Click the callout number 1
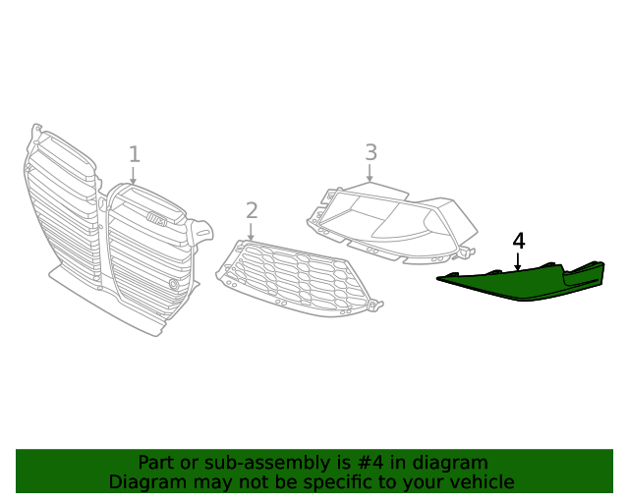[x=134, y=154]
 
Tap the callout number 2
[x=252, y=210]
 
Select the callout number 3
[x=371, y=152]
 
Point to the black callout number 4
[x=518, y=242]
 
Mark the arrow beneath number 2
[x=252, y=231]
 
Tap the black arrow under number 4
[x=518, y=260]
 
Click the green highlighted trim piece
[x=521, y=285]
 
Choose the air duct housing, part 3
[x=393, y=221]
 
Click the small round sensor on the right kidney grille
[x=174, y=284]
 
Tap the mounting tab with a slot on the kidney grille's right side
[x=203, y=233]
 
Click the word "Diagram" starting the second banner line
[x=146, y=482]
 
